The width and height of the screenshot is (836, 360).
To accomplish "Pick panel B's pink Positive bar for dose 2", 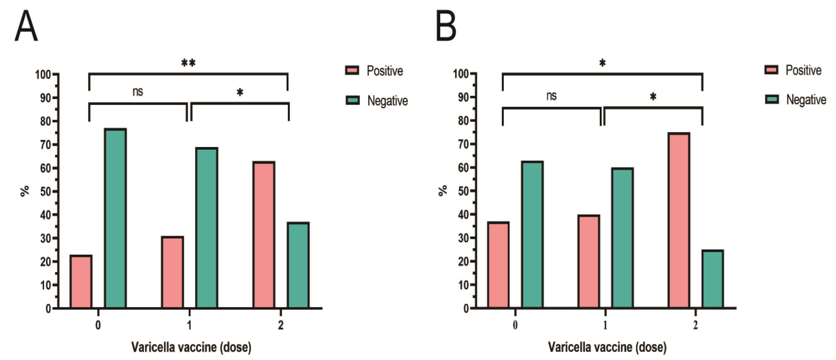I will [x=679, y=220].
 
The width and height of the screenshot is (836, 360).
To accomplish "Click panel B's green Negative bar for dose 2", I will [x=713, y=279].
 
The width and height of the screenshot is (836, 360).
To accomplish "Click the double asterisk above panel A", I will [x=188, y=63].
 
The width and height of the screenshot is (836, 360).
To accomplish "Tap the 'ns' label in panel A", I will [x=138, y=92].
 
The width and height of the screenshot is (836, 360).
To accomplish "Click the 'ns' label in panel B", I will [x=551, y=96].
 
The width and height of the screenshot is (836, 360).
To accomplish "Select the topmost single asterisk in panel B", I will [x=602, y=63].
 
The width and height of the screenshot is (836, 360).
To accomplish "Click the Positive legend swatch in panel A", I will [x=352, y=70].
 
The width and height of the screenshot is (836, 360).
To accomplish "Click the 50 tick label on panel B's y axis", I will [x=464, y=191].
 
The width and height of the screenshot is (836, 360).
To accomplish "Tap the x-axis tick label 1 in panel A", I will [x=189, y=325].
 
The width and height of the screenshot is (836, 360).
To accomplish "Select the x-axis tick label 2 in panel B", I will [x=695, y=325].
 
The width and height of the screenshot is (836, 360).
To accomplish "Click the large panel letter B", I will [x=446, y=26].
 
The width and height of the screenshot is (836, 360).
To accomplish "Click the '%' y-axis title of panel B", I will [x=443, y=191].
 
